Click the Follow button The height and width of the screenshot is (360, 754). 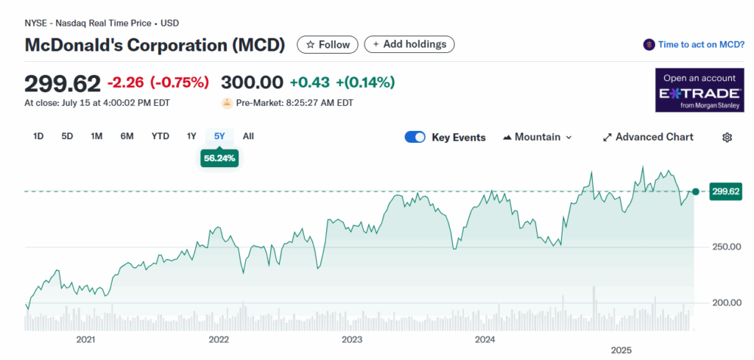coord(328,44)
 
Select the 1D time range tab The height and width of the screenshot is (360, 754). coord(39,136)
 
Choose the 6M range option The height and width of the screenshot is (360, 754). coord(127,136)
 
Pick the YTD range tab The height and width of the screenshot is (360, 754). coord(160,136)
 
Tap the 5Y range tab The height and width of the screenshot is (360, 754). coord(219,136)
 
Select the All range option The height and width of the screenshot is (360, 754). coord(248,136)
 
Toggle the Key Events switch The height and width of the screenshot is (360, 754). coord(415,137)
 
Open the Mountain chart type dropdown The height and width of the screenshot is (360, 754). coord(538,137)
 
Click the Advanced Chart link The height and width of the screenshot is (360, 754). coord(648,137)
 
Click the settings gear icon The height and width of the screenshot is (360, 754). coord(727,137)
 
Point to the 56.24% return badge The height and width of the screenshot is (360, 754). coord(219,158)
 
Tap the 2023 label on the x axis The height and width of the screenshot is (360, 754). coord(352,339)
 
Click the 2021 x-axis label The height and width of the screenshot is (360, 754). coord(86,339)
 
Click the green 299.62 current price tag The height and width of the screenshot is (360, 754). coord(725,192)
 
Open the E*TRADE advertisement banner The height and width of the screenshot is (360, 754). coord(699,91)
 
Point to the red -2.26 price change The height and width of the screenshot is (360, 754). coord(126,82)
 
